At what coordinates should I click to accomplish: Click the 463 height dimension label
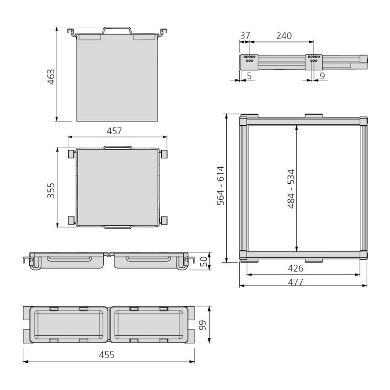51,78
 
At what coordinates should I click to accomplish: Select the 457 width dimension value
114,131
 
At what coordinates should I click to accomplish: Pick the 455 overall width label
107,355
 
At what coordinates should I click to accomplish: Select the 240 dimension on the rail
283,36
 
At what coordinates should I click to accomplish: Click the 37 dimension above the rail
245,36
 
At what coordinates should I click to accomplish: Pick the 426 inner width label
295,268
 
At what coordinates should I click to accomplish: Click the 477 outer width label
295,282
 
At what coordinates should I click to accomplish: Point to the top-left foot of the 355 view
71,154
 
